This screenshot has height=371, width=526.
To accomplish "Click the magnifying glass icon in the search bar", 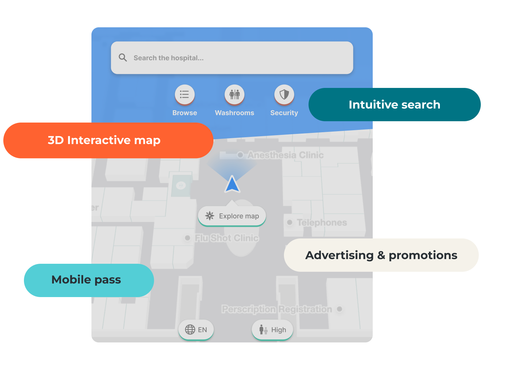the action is pyautogui.click(x=123, y=58).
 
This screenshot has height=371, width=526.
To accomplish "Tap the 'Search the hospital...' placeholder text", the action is pyautogui.click(x=168, y=58).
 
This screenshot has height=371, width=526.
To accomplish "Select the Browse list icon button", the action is pyautogui.click(x=185, y=95).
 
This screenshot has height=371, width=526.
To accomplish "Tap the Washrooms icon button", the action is pyautogui.click(x=234, y=95).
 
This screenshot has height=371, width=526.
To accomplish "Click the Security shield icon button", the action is pyautogui.click(x=284, y=95).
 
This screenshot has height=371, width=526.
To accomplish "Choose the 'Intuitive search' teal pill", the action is pyautogui.click(x=394, y=105).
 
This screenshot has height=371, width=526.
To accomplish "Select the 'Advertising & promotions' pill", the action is pyautogui.click(x=381, y=255).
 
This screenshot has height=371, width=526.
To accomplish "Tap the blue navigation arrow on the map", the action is pyautogui.click(x=232, y=185).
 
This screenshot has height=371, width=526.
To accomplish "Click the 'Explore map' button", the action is pyautogui.click(x=232, y=216).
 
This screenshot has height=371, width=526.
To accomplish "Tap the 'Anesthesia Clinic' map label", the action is pyautogui.click(x=285, y=155).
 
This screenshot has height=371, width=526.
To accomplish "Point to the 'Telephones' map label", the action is pyautogui.click(x=322, y=222).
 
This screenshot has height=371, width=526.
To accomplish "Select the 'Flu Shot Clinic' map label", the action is pyautogui.click(x=226, y=238).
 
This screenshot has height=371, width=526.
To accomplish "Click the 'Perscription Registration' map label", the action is pyautogui.click(x=277, y=309).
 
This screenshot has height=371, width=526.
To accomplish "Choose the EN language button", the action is pyautogui.click(x=196, y=330).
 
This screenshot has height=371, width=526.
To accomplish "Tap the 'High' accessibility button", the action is pyautogui.click(x=272, y=330).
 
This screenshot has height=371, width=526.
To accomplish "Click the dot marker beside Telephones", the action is pyautogui.click(x=290, y=222).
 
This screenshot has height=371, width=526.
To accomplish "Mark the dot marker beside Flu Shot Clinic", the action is pyautogui.click(x=188, y=238).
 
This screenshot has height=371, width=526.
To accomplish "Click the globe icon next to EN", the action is pyautogui.click(x=190, y=330).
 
